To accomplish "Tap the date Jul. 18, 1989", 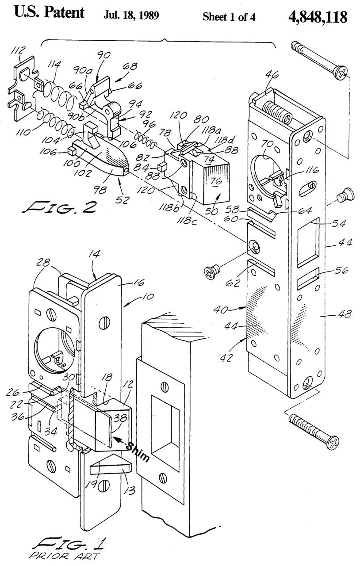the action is (131, 15).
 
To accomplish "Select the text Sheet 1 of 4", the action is (229, 17).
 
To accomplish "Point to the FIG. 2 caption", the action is (60, 207).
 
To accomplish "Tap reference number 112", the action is (18, 51).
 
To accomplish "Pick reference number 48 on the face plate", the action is (345, 314).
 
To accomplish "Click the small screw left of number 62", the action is (212, 271).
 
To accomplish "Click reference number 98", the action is (100, 189).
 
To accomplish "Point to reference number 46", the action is (272, 75).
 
